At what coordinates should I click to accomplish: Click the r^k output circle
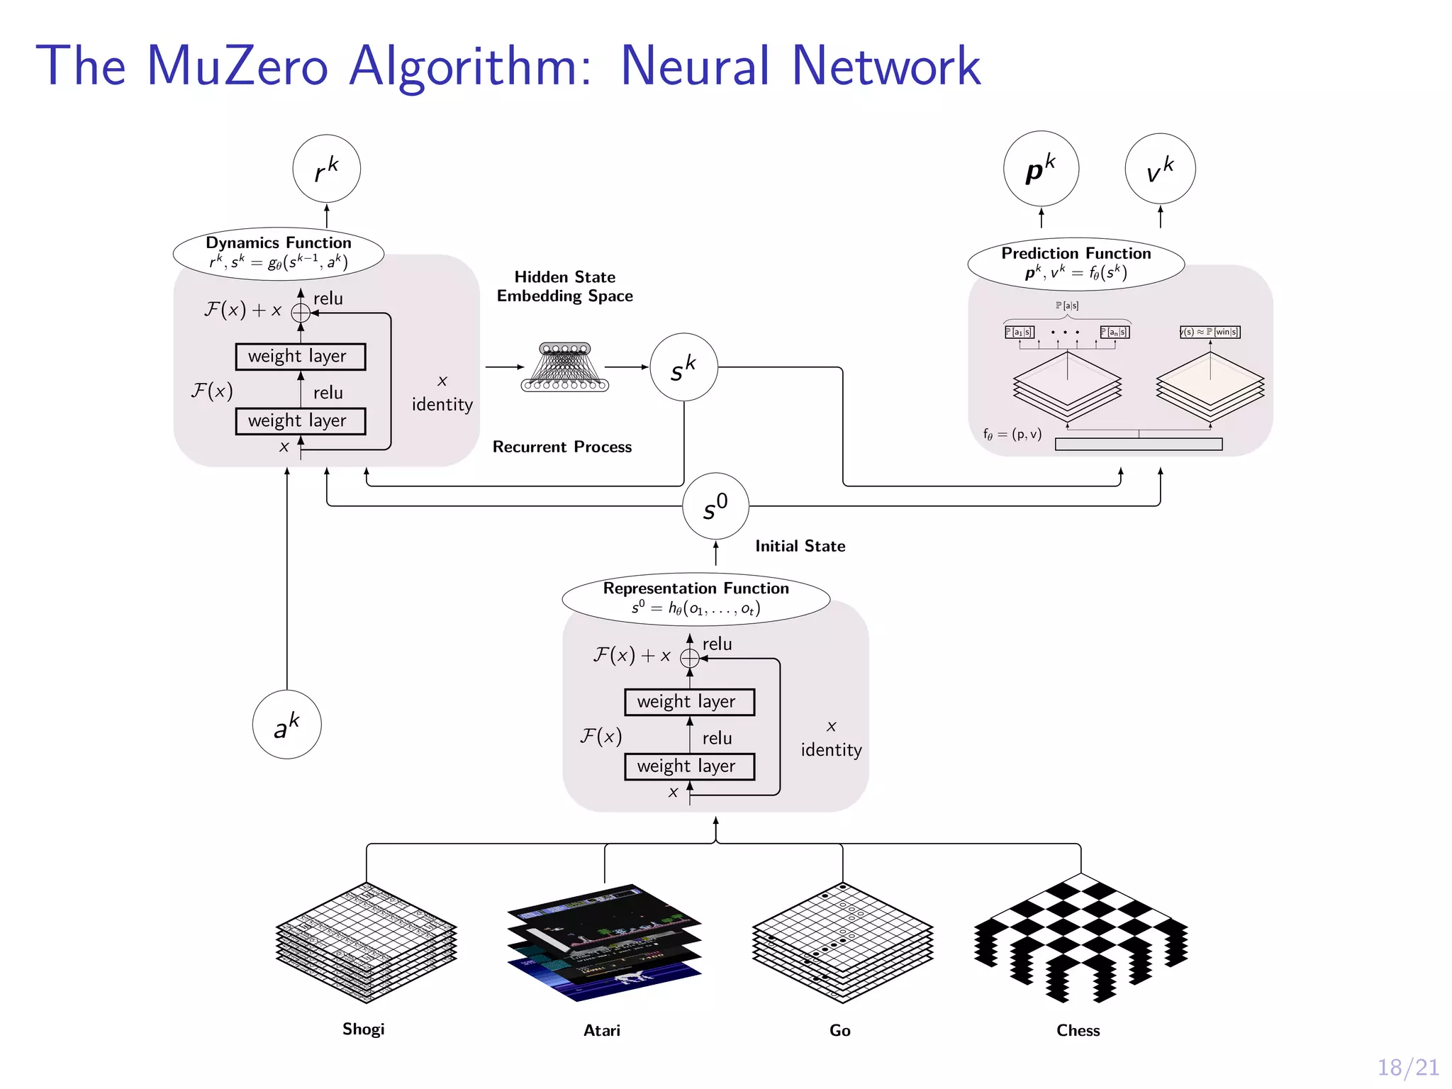(x=326, y=169)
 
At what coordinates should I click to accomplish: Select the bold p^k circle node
(x=1041, y=169)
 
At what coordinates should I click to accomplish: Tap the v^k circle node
(x=1160, y=169)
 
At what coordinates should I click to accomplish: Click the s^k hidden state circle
(x=683, y=367)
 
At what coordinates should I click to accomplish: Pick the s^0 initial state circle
(x=715, y=506)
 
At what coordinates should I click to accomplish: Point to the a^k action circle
(x=286, y=725)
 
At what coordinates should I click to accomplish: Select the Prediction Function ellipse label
(x=1076, y=264)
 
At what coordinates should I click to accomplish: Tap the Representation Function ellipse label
(x=696, y=598)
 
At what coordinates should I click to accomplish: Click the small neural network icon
(x=565, y=367)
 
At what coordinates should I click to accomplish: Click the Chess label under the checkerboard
(x=1078, y=1030)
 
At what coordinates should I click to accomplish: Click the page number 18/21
(x=1407, y=1067)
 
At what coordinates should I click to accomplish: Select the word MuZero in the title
(x=238, y=66)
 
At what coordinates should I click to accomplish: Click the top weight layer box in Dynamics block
(x=300, y=357)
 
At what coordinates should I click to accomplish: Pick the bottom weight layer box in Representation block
(x=689, y=766)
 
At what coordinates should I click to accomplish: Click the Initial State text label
(x=800, y=546)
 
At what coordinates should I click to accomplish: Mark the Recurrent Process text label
(x=562, y=447)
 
